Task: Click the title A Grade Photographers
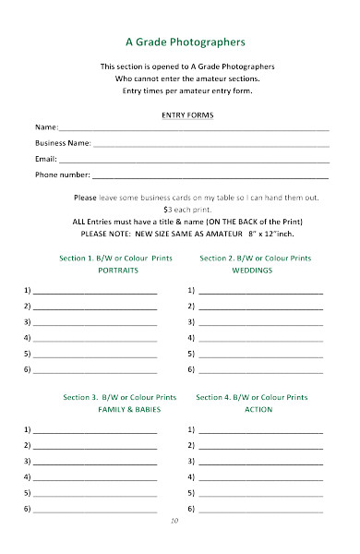(186, 42)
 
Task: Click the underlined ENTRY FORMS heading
(186, 114)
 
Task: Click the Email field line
(194, 161)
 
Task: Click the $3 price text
(167, 210)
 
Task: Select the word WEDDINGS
(251, 271)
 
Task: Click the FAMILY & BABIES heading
(117, 408)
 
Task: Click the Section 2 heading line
(255, 258)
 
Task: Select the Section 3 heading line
(119, 396)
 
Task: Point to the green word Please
(85, 198)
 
